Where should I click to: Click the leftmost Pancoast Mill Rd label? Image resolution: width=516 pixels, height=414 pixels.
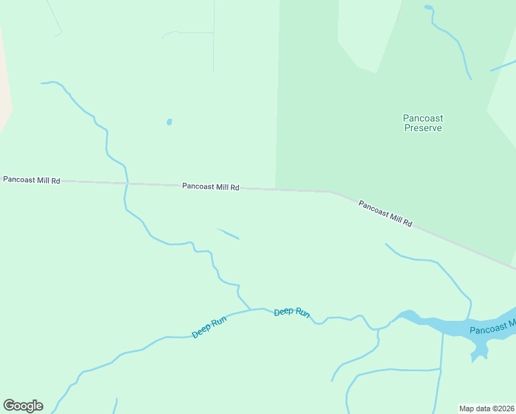[x=32, y=180]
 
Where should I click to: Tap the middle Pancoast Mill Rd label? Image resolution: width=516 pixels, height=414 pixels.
[x=210, y=186]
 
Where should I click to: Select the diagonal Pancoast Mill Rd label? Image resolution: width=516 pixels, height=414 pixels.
[x=385, y=213]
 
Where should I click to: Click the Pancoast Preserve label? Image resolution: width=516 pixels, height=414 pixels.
[x=422, y=123]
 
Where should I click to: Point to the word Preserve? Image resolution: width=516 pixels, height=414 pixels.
[x=422, y=128]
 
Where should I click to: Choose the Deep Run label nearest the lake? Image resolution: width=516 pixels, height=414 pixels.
[x=291, y=313]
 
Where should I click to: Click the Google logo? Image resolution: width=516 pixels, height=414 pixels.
[x=23, y=406]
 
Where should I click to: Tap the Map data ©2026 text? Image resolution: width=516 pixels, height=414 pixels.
[x=486, y=408]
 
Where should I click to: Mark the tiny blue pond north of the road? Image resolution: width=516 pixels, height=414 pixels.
[x=169, y=122]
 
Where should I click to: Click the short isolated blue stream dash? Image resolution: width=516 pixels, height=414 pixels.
[x=228, y=234]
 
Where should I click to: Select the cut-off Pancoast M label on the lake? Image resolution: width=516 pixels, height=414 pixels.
[x=492, y=327]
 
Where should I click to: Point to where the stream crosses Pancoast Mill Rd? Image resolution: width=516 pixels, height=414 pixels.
[x=126, y=184]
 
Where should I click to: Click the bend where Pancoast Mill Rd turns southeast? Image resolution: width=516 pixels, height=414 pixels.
[x=331, y=192]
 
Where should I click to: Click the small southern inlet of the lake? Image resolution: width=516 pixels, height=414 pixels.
[x=479, y=352]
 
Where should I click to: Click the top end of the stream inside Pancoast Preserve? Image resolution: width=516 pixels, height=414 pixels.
[x=428, y=8]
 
